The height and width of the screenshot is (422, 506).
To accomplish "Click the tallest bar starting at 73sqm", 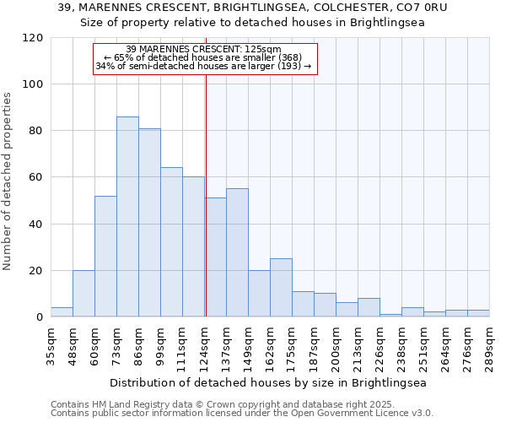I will [x=127, y=217].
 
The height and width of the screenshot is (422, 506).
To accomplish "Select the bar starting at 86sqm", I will [x=149, y=223].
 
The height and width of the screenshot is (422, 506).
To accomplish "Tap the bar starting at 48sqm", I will [x=83, y=294].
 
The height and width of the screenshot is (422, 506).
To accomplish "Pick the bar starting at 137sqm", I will [x=237, y=252].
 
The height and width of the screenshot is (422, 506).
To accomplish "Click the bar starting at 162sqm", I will [x=281, y=288].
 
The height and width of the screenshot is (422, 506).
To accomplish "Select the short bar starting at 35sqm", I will [x=62, y=312].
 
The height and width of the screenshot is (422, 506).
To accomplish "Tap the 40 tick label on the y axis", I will [x=36, y=225].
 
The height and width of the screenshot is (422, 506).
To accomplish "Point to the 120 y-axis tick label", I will [x=33, y=38].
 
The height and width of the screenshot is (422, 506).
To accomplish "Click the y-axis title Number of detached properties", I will [x=8, y=177].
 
